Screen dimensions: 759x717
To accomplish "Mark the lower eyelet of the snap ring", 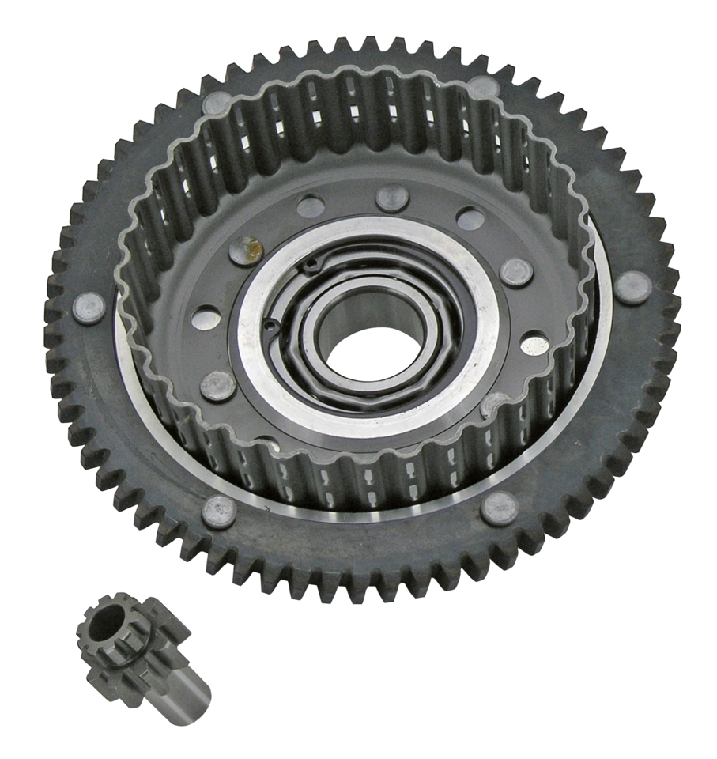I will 271,323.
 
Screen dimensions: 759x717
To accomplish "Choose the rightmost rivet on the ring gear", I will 633,286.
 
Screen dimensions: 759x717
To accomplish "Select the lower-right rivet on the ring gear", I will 500,508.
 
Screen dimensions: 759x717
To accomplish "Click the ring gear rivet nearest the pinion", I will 219,513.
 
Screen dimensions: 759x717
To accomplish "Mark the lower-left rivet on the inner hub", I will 218,385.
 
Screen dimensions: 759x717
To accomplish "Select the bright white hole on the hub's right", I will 535,346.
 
